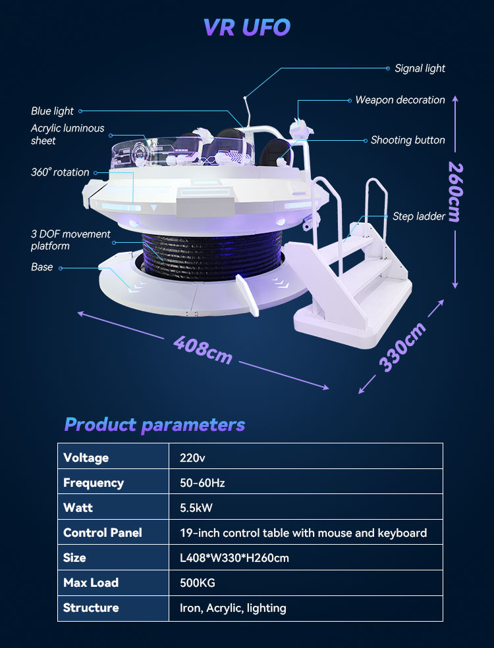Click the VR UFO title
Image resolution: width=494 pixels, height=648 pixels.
click(x=247, y=27)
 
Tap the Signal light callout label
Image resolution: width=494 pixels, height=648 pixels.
click(x=420, y=68)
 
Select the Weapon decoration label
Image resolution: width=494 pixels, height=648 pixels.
click(x=400, y=100)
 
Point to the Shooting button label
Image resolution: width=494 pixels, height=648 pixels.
click(x=408, y=140)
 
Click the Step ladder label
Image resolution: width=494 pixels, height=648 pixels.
click(x=419, y=216)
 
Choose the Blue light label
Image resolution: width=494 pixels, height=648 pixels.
click(x=52, y=111)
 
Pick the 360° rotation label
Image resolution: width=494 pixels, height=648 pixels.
click(x=60, y=172)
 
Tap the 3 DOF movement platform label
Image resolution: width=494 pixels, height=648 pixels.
click(x=70, y=240)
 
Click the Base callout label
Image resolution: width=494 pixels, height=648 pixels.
click(x=41, y=267)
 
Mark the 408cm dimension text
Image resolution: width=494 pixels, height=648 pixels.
click(x=203, y=349)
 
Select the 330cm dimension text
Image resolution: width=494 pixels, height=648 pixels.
click(x=402, y=347)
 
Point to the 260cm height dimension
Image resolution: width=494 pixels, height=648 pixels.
click(x=456, y=191)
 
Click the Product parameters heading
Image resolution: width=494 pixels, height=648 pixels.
click(x=155, y=425)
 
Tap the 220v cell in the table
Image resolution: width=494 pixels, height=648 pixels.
click(x=192, y=458)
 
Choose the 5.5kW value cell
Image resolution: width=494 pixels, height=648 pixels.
click(x=196, y=508)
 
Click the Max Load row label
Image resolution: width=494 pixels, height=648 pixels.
click(x=91, y=583)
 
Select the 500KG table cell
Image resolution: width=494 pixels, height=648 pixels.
click(x=198, y=583)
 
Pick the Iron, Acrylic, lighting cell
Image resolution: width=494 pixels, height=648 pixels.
click(x=233, y=609)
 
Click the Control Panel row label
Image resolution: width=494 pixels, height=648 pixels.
click(x=103, y=533)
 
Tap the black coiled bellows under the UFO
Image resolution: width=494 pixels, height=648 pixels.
click(x=212, y=255)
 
